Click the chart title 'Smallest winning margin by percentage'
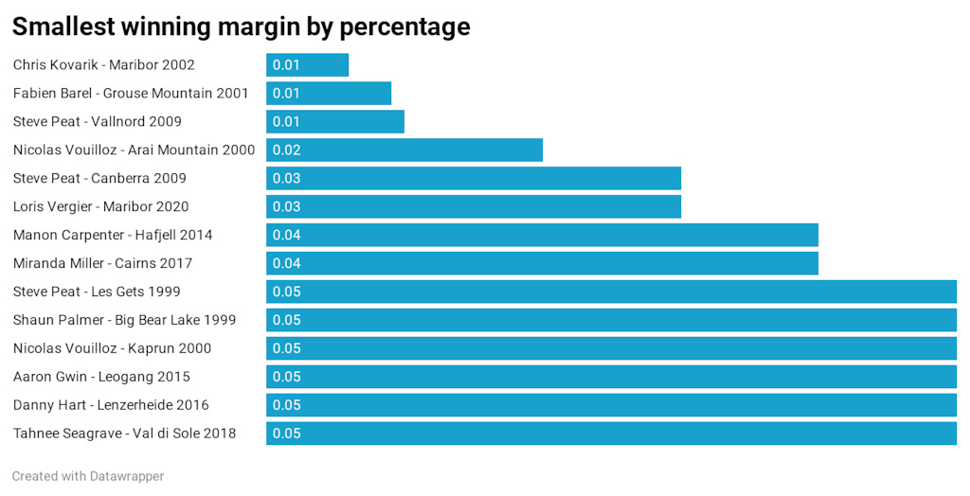point(241,27)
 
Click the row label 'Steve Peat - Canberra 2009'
point(99,179)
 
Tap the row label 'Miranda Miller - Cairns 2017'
point(103,263)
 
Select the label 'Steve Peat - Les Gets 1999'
point(97,292)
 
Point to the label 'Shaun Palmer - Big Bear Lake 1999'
point(124,320)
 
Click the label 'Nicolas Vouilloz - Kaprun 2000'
point(112,348)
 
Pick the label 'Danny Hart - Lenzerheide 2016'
point(111,405)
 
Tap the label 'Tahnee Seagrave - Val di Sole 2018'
point(124,434)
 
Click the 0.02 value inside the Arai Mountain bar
point(286,151)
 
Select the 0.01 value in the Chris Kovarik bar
point(286,65)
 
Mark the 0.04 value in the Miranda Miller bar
point(286,264)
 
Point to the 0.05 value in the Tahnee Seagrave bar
point(286,434)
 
